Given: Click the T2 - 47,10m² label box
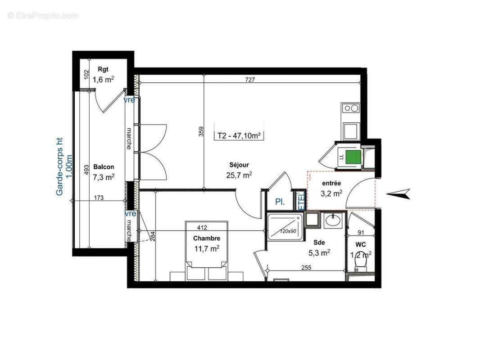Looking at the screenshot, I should click(239, 135).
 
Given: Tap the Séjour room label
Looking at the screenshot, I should click(239, 165).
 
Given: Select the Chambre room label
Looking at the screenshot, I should click(207, 238).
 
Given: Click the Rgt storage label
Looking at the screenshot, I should click(103, 70).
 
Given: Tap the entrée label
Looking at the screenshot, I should click(331, 183).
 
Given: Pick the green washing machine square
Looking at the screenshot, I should click(354, 157).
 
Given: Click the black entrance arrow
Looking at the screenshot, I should click(399, 193).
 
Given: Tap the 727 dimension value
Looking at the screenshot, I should click(250, 80).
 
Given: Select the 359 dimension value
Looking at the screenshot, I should click(202, 130).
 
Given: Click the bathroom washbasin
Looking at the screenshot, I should click(333, 220).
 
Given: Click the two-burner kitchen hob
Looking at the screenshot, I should click(351, 108).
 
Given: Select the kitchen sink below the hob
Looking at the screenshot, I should click(351, 130).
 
